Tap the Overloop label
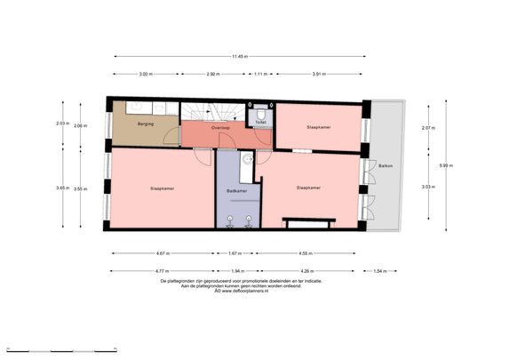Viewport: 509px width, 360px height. pos(222,128)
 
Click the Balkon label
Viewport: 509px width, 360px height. pos(385,166)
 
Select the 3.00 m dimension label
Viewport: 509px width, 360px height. pos(145,74)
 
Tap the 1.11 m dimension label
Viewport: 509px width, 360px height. pos(260,74)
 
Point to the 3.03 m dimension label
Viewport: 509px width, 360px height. pos(427,187)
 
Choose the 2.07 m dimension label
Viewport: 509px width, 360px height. pos(427,128)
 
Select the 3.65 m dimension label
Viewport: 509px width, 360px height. pos(60,188)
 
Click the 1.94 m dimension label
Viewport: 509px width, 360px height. pos(237,270)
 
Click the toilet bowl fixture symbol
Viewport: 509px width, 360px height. pos(263,116)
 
